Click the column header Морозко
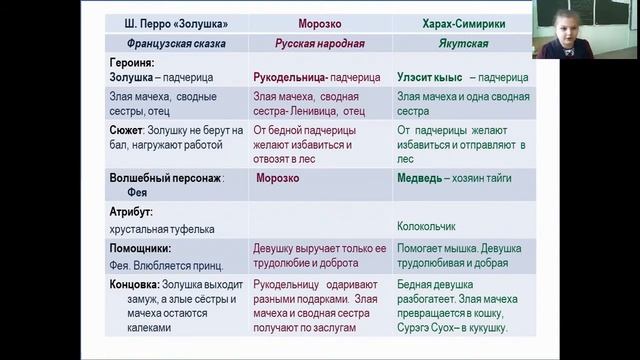click(x=316, y=23)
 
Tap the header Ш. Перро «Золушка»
click(x=175, y=23)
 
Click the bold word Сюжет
click(x=128, y=130)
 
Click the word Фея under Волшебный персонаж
click(x=138, y=193)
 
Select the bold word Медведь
click(x=421, y=178)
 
